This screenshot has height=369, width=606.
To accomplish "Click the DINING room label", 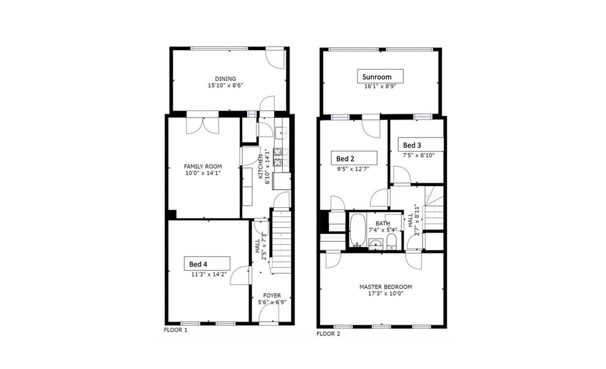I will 226,79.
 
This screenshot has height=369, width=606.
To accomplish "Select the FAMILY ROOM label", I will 203,166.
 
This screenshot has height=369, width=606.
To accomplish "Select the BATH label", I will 383,223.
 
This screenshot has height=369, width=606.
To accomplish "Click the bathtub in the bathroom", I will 356,231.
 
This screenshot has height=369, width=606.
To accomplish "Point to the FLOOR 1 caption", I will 176,330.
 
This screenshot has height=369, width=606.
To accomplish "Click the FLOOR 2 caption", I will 328,334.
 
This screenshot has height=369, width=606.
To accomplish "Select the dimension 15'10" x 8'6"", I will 226,86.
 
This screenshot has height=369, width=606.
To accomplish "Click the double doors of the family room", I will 202,125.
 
